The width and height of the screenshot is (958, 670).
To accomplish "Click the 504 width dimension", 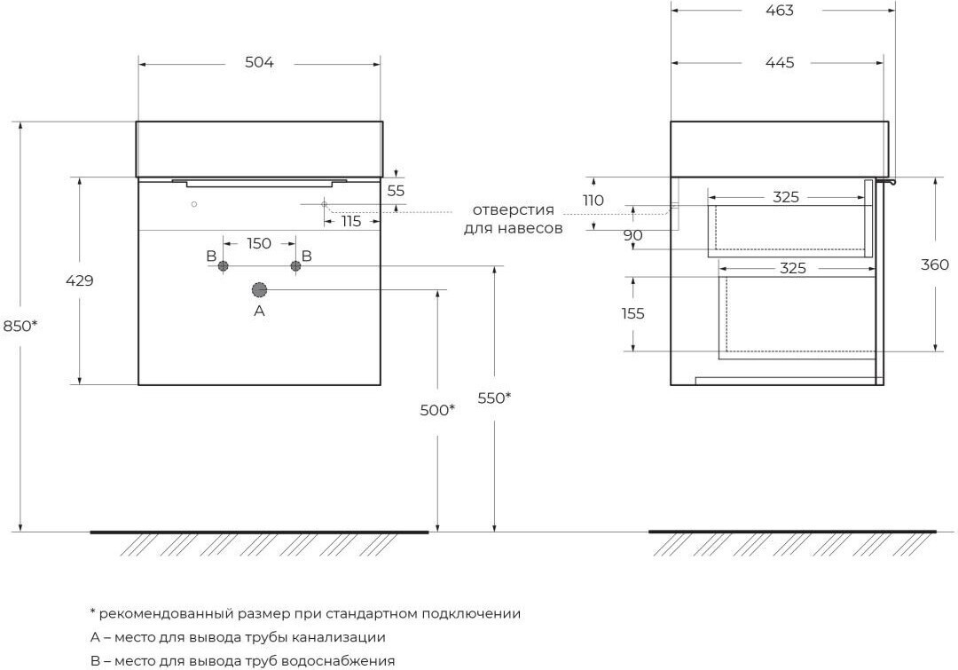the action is (x=259, y=62).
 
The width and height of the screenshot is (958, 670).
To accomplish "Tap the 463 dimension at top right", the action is (x=780, y=11).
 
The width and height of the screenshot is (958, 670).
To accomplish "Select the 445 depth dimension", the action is (x=780, y=62).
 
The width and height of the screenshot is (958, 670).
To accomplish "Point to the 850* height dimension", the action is (x=20, y=326).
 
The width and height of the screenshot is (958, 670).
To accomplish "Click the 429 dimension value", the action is (x=80, y=280).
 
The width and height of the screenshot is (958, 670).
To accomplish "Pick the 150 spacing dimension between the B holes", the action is (x=259, y=243).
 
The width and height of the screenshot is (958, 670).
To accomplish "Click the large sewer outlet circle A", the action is (x=260, y=290).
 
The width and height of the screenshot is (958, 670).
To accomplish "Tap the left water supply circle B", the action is (x=223, y=266).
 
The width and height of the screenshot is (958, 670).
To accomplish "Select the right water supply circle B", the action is (x=295, y=266).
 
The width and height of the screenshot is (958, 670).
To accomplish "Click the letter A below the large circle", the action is (x=260, y=311).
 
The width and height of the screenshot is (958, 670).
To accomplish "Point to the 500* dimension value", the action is (x=436, y=410).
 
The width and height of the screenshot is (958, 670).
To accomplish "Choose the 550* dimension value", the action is (x=494, y=398).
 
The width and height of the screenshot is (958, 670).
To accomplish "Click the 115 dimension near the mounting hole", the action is (x=350, y=221).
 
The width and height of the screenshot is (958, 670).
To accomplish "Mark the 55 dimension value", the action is (x=396, y=191).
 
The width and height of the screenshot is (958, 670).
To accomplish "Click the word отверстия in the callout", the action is (x=514, y=210).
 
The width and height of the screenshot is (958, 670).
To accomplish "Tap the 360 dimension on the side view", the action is (x=935, y=264).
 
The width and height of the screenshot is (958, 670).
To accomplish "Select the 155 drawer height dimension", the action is (x=633, y=313).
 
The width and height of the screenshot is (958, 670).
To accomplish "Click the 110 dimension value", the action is (x=593, y=201).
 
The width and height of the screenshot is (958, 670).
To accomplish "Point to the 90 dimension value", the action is (x=633, y=235).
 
